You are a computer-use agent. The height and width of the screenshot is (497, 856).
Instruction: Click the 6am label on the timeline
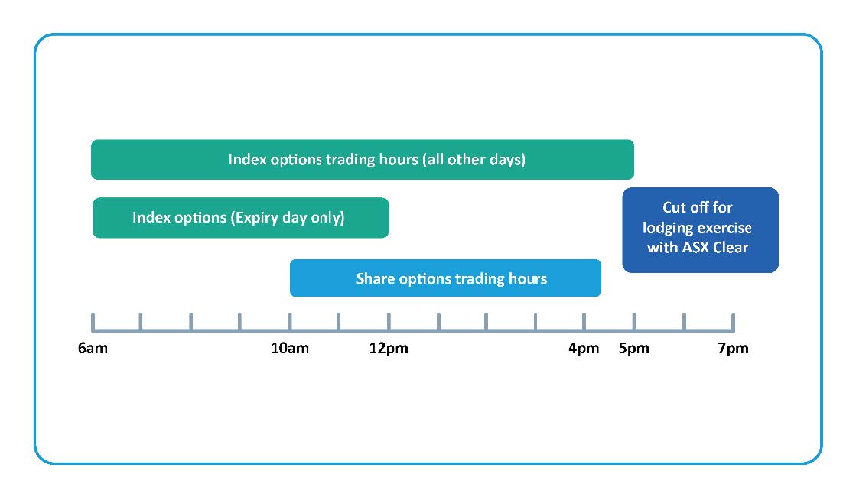[x=93, y=348]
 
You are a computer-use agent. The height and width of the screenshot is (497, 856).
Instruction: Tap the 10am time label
[x=290, y=348]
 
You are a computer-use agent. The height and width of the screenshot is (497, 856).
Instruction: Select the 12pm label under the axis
[x=389, y=348]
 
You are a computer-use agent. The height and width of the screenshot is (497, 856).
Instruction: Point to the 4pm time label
[x=584, y=348]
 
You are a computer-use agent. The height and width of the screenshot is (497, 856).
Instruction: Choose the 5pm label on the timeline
[x=634, y=348]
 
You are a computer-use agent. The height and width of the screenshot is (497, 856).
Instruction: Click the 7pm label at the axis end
[x=733, y=348]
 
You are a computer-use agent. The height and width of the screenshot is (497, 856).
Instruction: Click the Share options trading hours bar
[x=445, y=278]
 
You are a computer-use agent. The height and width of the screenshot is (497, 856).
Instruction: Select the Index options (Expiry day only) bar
[x=241, y=218]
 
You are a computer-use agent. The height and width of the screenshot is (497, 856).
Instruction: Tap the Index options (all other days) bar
[x=363, y=159]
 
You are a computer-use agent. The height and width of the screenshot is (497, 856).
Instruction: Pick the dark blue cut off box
[x=701, y=230]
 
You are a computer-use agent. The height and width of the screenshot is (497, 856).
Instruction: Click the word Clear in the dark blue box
[x=731, y=248]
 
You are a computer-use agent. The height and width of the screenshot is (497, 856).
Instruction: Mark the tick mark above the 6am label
[x=93, y=323]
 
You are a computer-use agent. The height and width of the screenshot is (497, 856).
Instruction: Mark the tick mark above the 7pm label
[x=733, y=323]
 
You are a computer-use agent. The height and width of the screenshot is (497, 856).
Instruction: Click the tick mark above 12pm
[x=389, y=322]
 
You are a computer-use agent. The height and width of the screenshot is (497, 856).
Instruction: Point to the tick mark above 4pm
[x=584, y=322]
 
